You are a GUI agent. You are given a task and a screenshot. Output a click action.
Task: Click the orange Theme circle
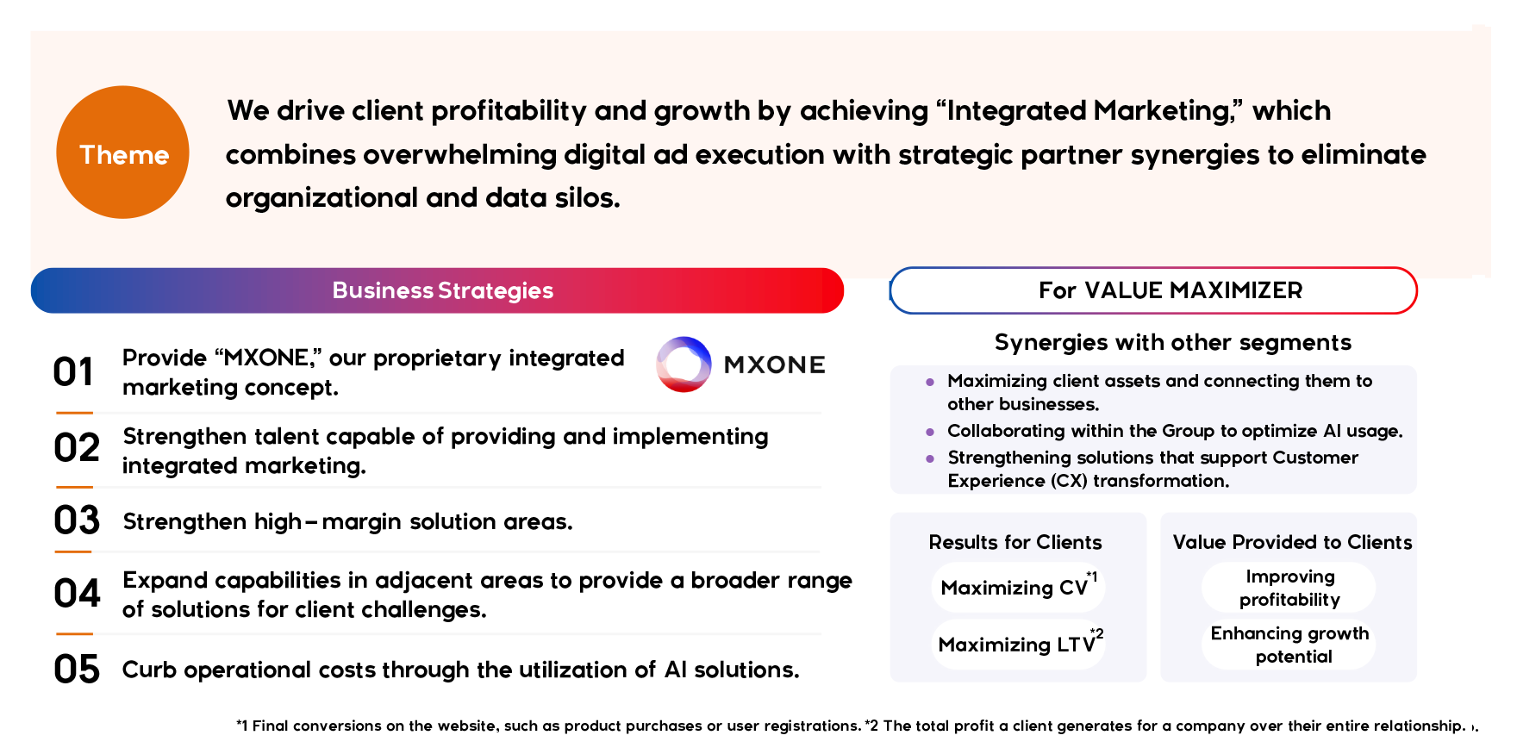(122, 153)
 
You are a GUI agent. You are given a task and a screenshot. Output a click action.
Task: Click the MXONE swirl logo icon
(684, 365)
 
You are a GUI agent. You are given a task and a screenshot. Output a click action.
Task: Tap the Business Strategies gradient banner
(437, 290)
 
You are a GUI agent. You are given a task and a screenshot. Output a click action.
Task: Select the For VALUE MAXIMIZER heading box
(1153, 290)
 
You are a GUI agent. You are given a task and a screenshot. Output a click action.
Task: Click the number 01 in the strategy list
(73, 372)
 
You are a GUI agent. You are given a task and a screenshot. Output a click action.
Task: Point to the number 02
(77, 448)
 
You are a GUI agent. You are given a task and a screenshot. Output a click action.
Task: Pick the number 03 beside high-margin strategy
(77, 520)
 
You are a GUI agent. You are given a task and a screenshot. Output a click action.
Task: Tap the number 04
(77, 594)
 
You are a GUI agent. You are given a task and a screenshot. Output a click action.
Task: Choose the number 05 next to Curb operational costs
(77, 670)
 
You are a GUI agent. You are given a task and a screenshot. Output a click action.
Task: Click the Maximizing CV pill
(1018, 588)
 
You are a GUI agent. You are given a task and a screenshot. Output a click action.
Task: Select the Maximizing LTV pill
(1018, 645)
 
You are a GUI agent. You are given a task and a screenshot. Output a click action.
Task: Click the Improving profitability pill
(1289, 588)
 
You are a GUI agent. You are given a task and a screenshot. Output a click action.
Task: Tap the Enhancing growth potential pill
(1289, 645)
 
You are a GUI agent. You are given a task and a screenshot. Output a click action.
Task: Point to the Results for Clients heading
(1015, 542)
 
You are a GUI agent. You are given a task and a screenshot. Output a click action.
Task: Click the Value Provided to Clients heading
(1292, 542)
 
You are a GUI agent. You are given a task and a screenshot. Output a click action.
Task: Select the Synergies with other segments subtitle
(1173, 343)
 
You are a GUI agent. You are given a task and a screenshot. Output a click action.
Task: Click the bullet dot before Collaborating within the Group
(930, 432)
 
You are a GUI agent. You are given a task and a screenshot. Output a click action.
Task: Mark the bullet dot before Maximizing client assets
(930, 382)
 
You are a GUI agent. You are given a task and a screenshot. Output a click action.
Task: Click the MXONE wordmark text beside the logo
(775, 365)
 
